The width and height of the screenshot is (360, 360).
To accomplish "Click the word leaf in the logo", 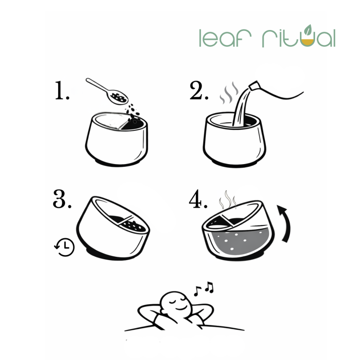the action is [x=225, y=38].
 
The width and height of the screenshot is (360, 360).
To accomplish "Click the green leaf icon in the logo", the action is [x=307, y=29].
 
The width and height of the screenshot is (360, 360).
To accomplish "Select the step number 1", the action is [x=62, y=90].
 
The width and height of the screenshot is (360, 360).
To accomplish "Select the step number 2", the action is [x=199, y=90].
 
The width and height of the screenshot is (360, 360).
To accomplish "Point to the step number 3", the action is [x=62, y=199].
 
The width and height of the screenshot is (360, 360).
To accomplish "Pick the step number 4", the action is [x=198, y=199].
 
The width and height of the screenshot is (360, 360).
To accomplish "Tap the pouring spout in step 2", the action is [x=255, y=86].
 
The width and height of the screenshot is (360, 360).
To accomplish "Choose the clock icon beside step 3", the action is [x=65, y=247].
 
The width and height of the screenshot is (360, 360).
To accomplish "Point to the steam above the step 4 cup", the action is [x=227, y=199].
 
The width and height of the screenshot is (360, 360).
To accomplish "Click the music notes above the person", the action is [x=204, y=289].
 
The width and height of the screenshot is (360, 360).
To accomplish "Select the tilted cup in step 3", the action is [x=113, y=228].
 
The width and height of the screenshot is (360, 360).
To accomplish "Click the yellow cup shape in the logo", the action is [x=307, y=42].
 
